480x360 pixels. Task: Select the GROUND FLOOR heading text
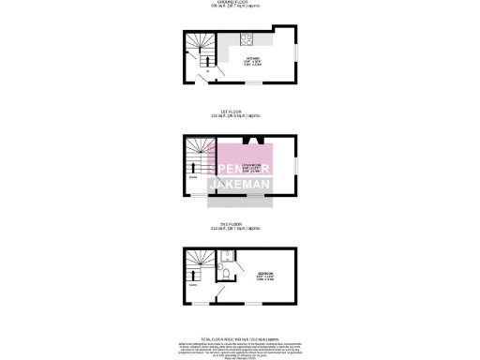[240, 4]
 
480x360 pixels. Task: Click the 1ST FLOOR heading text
[240, 112]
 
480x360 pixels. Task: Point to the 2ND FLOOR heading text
[240, 225]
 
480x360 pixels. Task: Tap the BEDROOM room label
[265, 273]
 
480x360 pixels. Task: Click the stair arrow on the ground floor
[207, 57]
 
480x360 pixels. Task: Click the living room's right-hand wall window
[297, 166]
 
